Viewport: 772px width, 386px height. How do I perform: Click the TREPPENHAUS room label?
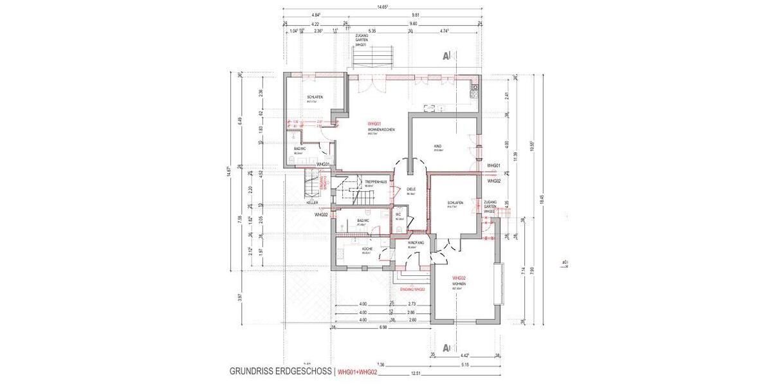coord(375,182)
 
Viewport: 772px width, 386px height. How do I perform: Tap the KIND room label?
coord(437,146)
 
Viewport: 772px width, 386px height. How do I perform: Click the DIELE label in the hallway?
coord(412,189)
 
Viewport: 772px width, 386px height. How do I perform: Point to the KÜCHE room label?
coord(367,248)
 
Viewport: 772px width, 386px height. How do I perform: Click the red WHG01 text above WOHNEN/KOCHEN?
coord(375,124)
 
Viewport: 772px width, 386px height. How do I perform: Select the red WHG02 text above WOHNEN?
coord(459,278)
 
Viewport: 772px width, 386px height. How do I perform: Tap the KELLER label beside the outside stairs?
coord(313,202)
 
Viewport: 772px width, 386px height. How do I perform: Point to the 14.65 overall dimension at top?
coord(382,6)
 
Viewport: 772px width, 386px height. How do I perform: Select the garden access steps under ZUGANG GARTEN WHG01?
coord(372,59)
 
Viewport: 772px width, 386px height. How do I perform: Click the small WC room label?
coord(399,215)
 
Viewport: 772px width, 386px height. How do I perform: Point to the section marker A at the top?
coord(446,56)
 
